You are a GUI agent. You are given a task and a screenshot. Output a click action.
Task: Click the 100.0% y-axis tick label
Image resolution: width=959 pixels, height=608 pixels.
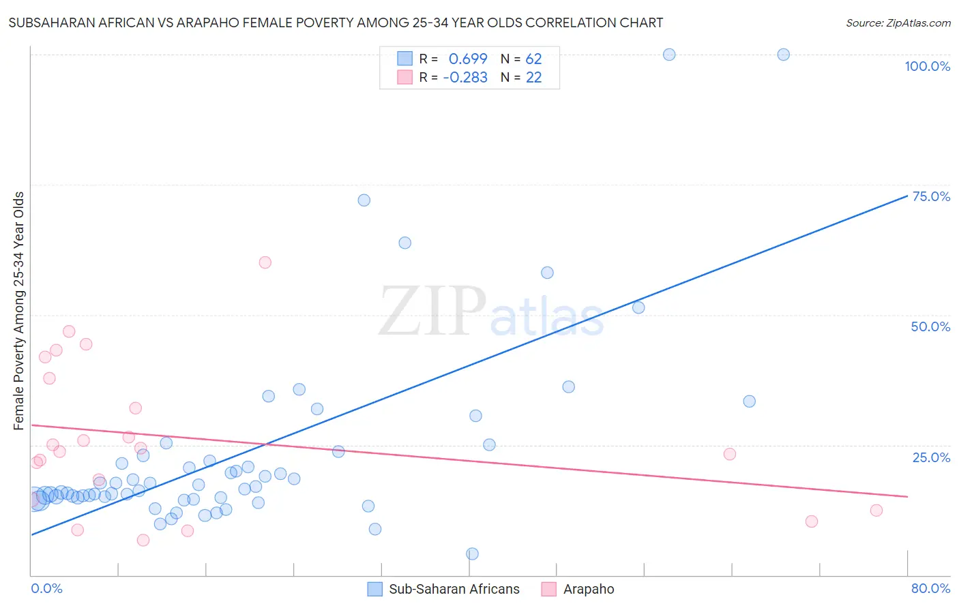(927, 66)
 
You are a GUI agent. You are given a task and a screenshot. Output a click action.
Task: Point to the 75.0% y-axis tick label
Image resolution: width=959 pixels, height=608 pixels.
(930, 196)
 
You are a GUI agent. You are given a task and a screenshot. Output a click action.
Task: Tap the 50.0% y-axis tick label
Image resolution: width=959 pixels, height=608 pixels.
(930, 326)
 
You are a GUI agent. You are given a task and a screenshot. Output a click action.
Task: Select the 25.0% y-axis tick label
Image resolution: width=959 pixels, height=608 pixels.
(931, 457)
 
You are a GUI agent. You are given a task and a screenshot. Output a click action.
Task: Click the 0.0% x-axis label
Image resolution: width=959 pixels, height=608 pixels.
(46, 588)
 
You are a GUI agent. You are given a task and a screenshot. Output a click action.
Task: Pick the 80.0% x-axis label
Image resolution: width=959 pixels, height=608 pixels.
(930, 588)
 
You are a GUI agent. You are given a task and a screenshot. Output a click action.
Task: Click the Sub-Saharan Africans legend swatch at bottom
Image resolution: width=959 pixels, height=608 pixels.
(374, 589)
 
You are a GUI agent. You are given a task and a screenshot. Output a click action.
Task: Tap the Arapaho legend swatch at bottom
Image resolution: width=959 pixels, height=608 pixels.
(548, 589)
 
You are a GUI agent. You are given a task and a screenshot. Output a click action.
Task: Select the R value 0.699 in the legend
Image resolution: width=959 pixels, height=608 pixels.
(468, 59)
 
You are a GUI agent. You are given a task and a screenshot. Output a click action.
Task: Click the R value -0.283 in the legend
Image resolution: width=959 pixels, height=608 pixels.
(465, 78)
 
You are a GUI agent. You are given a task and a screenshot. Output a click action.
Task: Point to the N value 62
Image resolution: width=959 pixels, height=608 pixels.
(533, 59)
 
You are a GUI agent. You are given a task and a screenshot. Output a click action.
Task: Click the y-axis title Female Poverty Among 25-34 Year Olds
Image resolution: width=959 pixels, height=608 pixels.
(19, 311)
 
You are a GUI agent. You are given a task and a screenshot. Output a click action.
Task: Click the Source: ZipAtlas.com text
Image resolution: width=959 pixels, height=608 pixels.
(898, 23)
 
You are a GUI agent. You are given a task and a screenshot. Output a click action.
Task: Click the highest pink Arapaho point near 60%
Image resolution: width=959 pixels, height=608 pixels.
(265, 262)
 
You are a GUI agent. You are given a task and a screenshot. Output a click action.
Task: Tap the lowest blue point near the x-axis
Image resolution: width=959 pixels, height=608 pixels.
(472, 553)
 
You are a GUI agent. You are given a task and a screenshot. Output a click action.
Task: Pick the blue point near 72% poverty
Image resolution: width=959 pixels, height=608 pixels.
(364, 200)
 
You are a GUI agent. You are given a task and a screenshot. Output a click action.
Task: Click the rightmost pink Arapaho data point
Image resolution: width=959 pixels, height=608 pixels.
(876, 511)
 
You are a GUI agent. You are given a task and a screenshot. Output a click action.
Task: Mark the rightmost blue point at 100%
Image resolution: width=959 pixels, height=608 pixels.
(784, 55)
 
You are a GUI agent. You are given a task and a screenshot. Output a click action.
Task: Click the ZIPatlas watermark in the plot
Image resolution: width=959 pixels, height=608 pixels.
(491, 311)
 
